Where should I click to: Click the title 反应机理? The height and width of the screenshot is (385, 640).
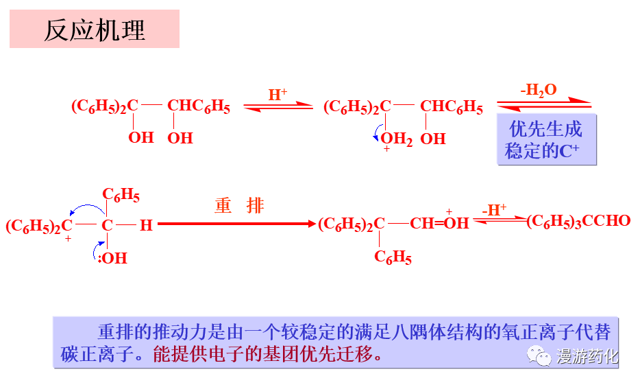click(x=95, y=30)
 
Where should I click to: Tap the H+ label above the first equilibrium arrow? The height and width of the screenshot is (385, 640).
click(x=278, y=94)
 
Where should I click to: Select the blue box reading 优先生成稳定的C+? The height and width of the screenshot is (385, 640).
click(x=546, y=140)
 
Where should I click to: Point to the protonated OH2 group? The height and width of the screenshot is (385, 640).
click(x=396, y=139)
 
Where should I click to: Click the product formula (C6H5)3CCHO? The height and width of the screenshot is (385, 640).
click(x=579, y=221)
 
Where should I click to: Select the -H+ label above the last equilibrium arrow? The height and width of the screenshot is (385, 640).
click(x=493, y=210)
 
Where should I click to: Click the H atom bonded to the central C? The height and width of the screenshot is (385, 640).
click(x=146, y=225)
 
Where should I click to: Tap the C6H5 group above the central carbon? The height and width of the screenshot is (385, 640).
click(x=121, y=195)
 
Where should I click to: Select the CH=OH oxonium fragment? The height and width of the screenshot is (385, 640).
click(x=439, y=223)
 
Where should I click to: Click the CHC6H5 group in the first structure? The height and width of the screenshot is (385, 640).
click(x=199, y=106)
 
